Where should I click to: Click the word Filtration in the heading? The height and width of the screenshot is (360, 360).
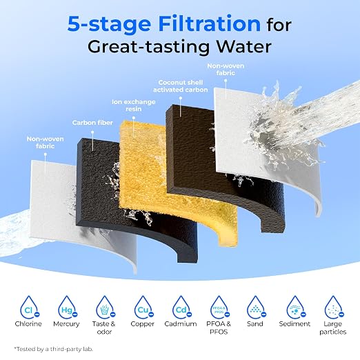(210, 23)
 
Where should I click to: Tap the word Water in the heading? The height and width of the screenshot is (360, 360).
(244, 47)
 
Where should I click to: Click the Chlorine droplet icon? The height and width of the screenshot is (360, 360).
(29, 307)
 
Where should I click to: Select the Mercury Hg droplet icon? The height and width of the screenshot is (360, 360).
(68, 307)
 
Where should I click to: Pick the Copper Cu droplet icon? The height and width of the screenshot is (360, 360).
(143, 307)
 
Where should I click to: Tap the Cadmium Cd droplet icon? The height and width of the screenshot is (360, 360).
(181, 307)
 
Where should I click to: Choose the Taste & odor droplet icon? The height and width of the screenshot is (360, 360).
(106, 307)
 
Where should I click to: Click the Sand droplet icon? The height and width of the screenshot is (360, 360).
(256, 307)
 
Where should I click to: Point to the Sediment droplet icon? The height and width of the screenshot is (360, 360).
(296, 307)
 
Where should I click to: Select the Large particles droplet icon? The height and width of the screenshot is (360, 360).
(334, 307)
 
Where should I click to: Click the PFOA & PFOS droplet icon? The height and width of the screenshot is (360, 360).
(220, 307)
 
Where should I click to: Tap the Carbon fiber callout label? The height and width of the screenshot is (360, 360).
(92, 123)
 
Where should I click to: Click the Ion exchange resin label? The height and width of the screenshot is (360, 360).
(134, 106)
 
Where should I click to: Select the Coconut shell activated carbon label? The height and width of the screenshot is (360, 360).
(181, 86)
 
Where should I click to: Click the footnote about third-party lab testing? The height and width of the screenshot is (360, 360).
(54, 349)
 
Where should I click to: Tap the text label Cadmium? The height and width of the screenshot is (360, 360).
(181, 324)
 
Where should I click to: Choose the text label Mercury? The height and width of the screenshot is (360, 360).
(66, 324)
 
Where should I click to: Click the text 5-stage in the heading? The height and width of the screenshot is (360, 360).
(109, 24)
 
